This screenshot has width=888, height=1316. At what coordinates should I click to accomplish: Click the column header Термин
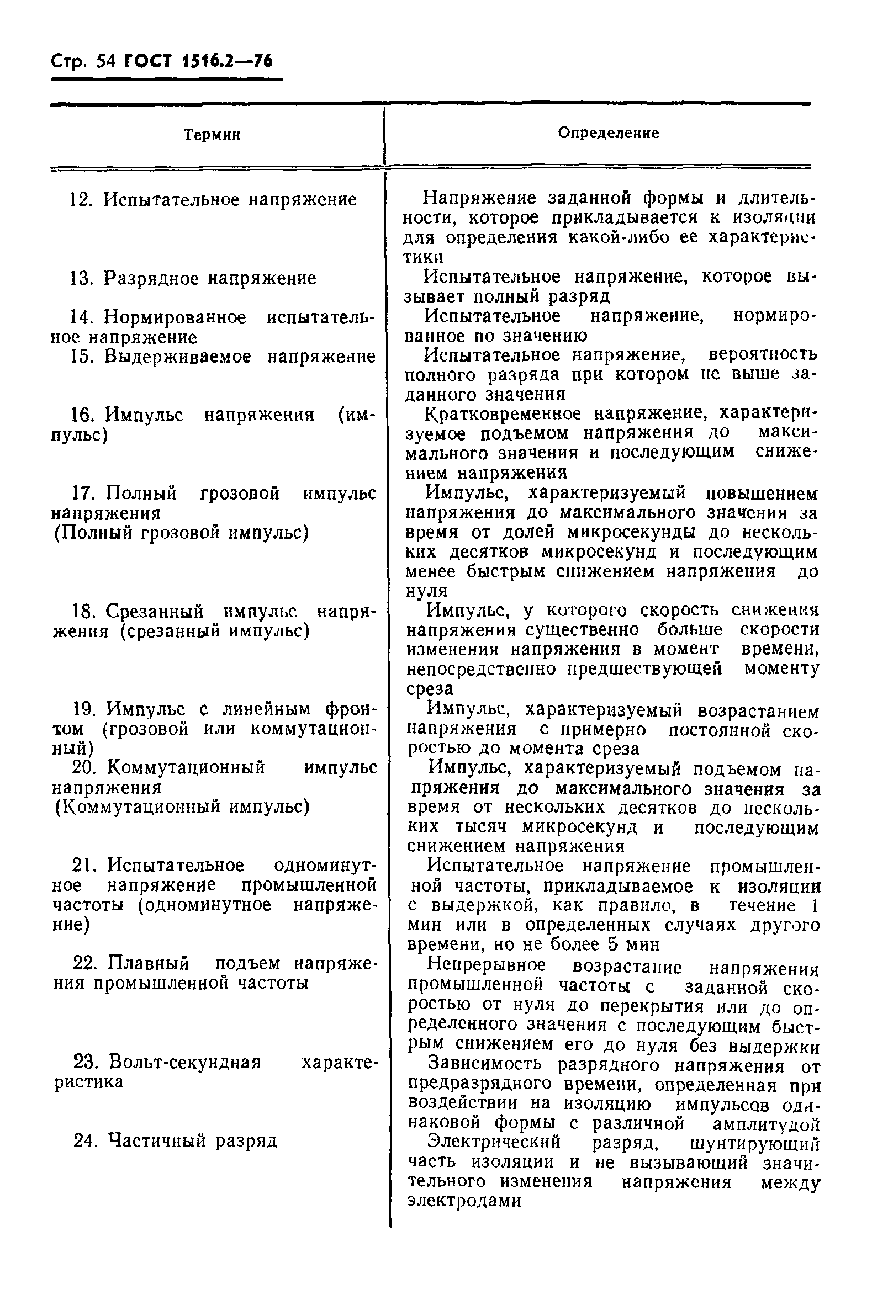click(x=212, y=135)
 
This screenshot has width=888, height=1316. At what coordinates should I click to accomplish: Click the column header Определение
click(x=608, y=133)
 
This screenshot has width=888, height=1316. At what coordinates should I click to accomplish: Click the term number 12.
click(x=81, y=200)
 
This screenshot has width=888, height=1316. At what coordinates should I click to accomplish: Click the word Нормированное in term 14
click(x=175, y=317)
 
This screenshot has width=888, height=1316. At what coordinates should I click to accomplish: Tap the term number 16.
click(x=82, y=415)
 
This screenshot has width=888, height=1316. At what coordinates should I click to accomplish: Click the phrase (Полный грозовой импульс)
click(x=181, y=533)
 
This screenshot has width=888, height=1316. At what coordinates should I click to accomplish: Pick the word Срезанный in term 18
click(x=155, y=611)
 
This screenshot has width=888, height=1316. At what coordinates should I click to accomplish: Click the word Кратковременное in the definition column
click(x=503, y=414)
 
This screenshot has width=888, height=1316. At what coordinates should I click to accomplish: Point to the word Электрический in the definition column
click(x=494, y=1142)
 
